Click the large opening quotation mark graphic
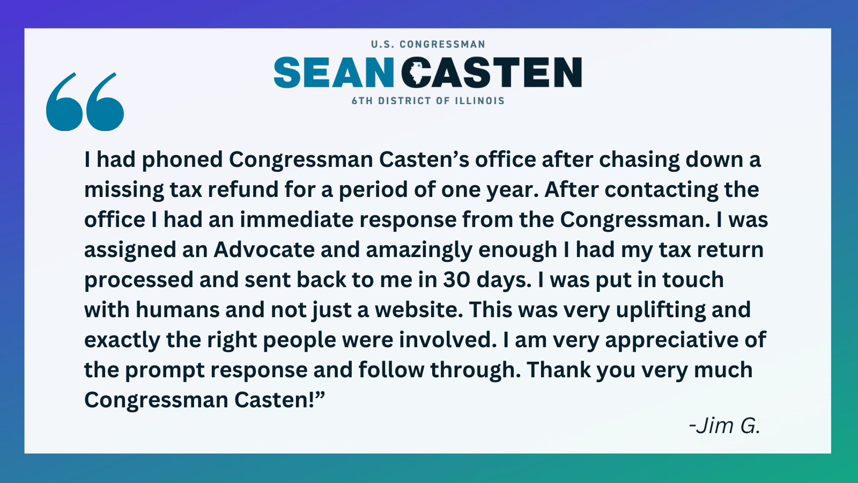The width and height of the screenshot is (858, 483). point(85,102)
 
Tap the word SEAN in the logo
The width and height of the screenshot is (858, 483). point(334,72)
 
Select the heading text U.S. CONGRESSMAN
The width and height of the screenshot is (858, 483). point(428,45)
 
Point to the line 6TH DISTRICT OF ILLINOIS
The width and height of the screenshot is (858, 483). point(428,101)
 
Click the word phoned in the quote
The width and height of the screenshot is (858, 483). point(182,160)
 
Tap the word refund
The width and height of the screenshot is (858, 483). point(243,189)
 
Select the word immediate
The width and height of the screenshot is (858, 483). point(297,219)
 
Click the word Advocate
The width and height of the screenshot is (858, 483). point(264,250)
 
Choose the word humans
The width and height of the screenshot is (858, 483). point(177,310)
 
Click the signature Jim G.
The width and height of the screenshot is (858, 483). point(724,426)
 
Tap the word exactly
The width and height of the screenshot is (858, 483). point(122,340)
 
